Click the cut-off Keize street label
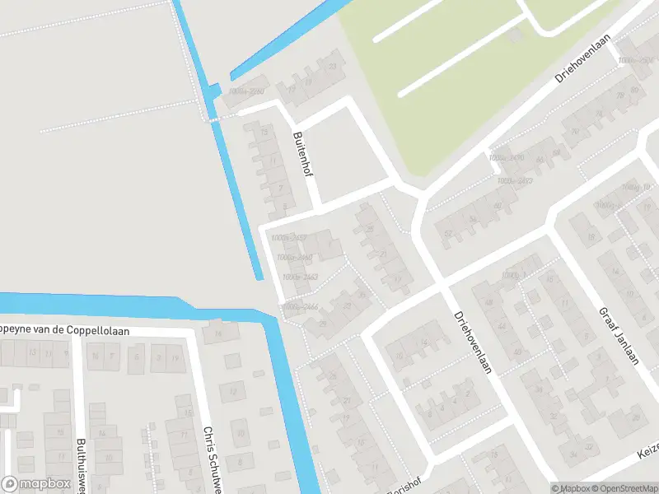pos(646,454)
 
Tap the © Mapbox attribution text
pos(571,488)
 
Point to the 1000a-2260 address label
pos(246,91)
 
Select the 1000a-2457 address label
pos(288,238)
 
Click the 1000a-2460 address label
pos(295,258)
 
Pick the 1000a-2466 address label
pos(300,307)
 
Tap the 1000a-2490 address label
pos(506,157)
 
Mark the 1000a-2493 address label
pos(514,179)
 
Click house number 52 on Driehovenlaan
pos(449,233)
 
